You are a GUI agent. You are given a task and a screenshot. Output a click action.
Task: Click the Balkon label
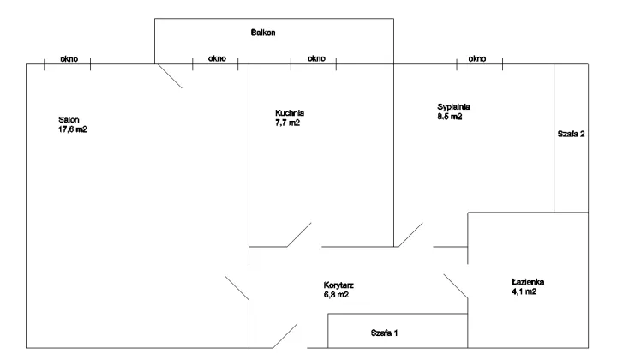point(263,33)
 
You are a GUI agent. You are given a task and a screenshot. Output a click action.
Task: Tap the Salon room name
point(69,120)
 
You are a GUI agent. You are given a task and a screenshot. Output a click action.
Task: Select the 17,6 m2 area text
point(73,129)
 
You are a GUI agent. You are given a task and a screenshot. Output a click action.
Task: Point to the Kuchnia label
point(290,113)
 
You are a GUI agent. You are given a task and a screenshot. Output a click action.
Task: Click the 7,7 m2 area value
point(287,123)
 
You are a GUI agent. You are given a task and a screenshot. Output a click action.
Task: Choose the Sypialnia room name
point(453,106)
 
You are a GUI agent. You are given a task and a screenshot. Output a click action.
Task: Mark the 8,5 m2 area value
point(450,117)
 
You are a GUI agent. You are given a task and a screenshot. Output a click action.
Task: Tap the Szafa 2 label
point(571,134)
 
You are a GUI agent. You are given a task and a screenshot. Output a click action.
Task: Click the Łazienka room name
point(528,282)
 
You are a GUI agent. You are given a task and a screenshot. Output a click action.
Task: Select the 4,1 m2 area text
point(524,291)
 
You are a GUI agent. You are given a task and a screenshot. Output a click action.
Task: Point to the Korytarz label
point(338,285)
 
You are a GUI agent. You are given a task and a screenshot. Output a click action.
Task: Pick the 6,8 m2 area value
point(336,295)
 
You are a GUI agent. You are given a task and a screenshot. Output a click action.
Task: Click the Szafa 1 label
point(385,333)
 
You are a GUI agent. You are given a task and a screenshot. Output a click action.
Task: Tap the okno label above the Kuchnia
point(316,58)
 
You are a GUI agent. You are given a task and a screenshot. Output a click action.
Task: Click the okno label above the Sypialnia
point(477,58)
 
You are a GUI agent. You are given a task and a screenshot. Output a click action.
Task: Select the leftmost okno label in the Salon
point(69,59)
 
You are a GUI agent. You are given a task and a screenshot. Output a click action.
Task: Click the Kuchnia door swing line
point(299,235)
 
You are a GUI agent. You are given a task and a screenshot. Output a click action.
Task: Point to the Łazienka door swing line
point(456,286)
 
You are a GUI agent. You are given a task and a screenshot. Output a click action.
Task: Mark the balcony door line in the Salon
point(169,76)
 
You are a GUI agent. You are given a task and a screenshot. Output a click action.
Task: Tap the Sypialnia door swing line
point(410,235)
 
